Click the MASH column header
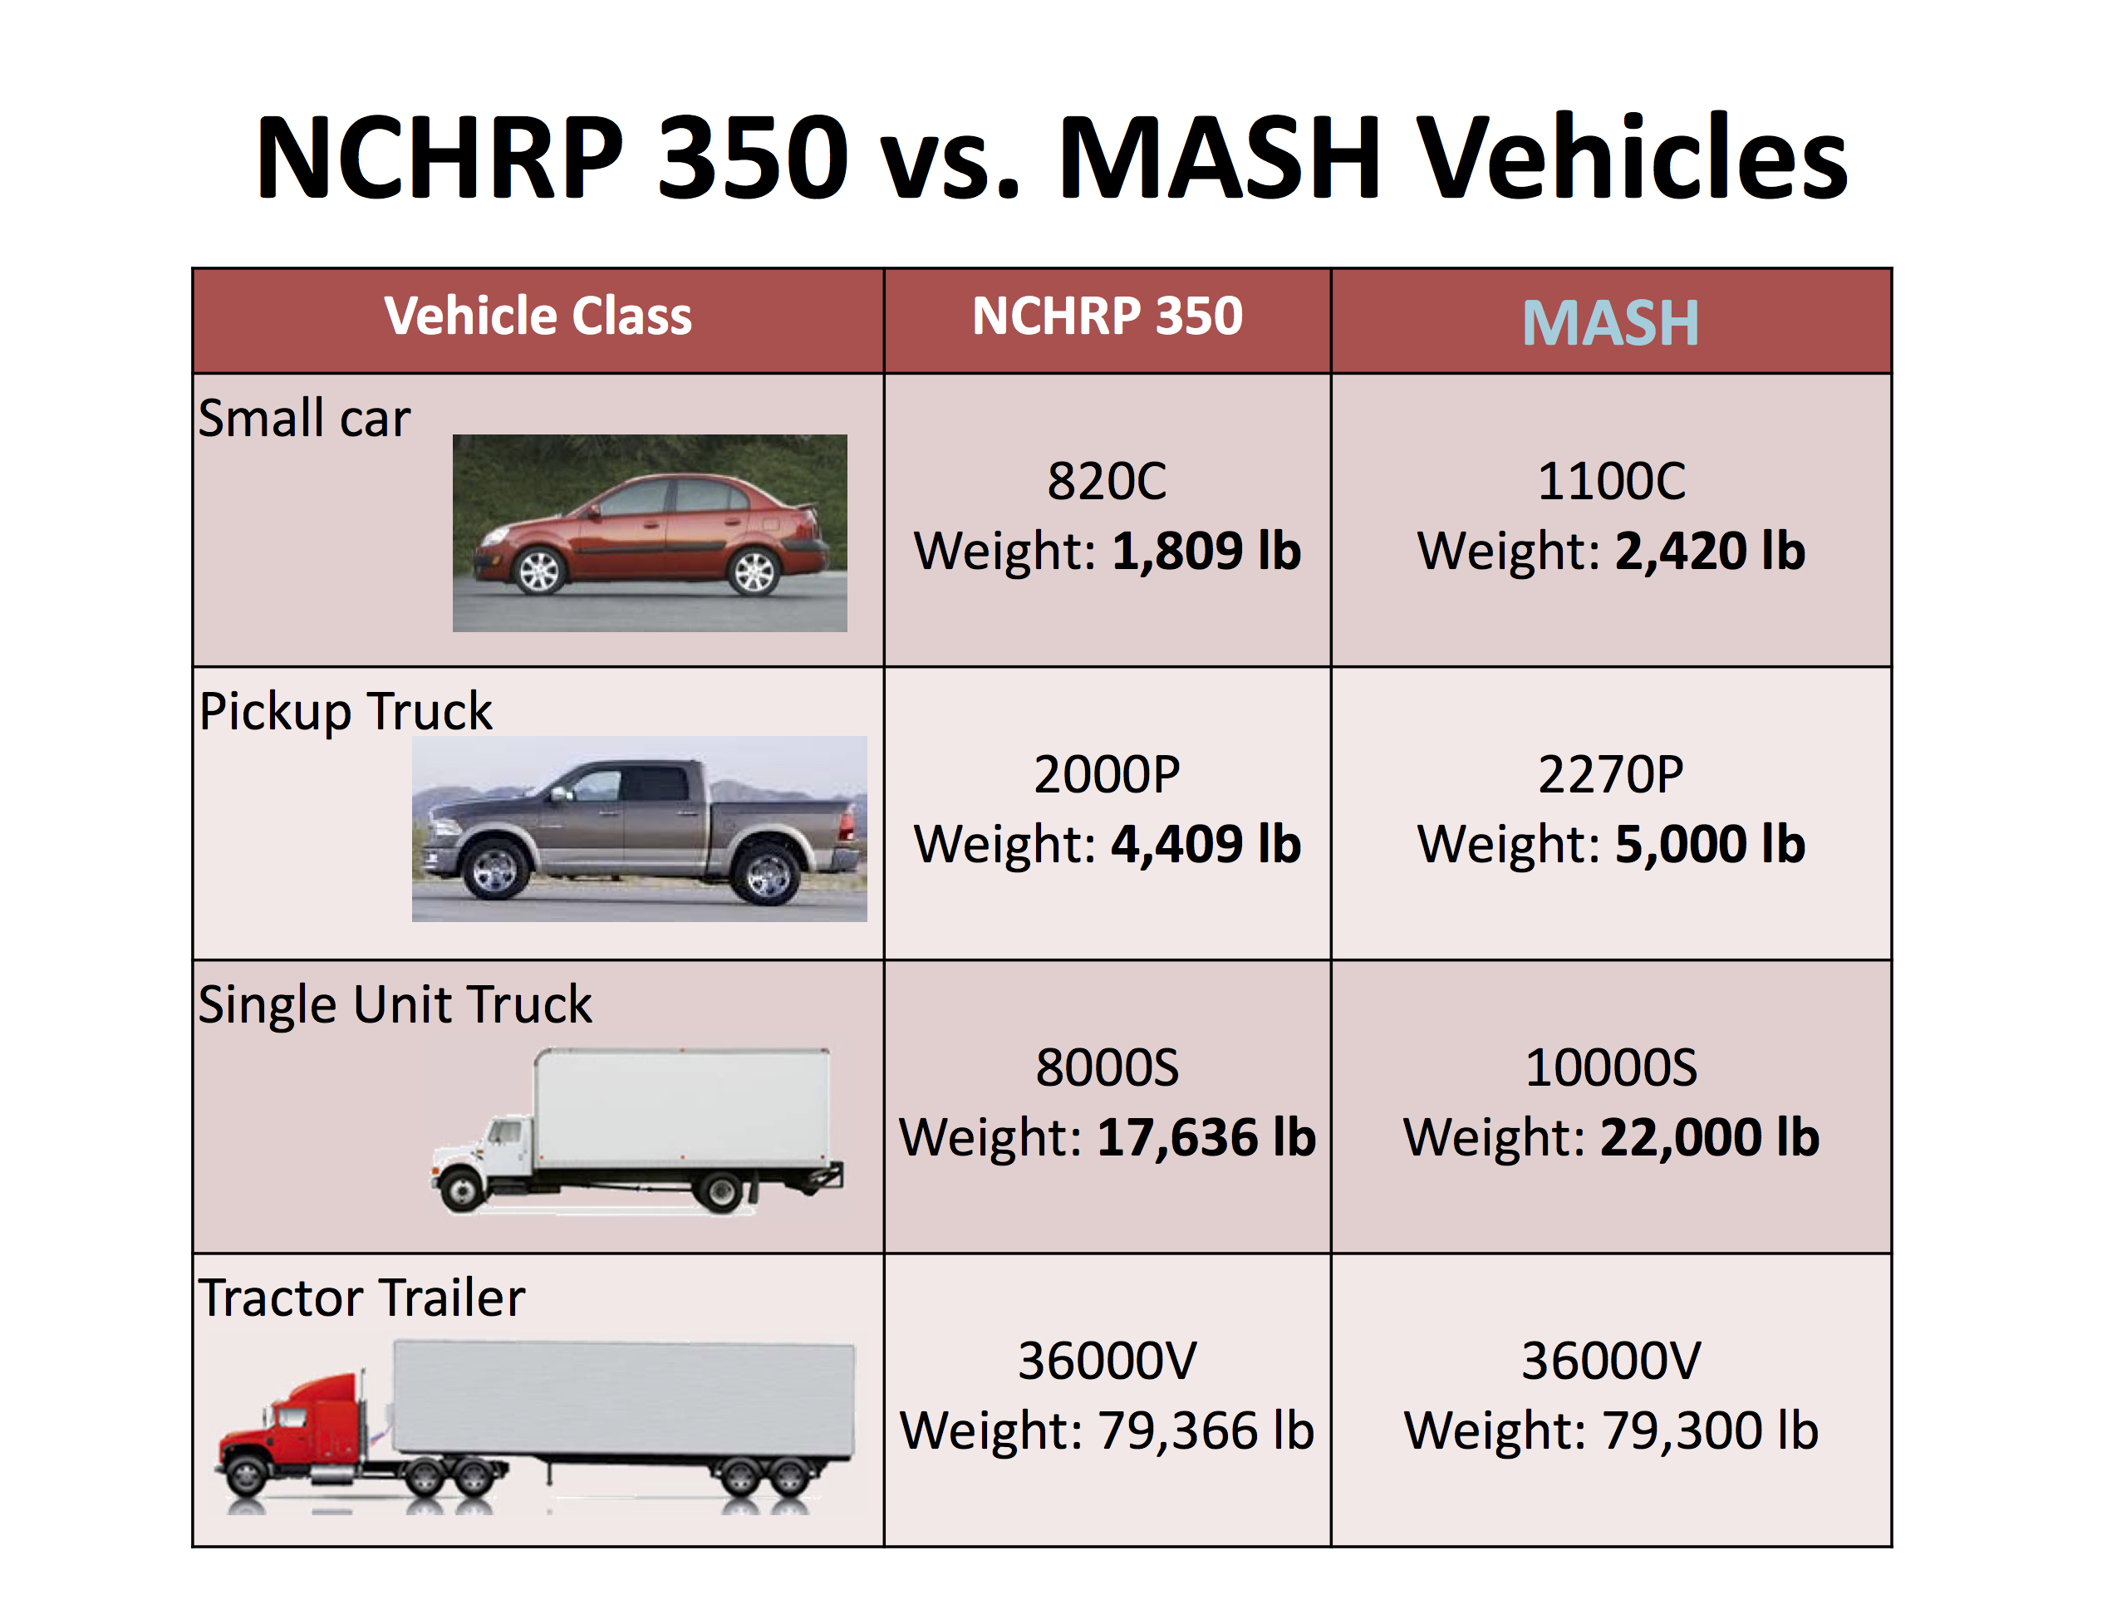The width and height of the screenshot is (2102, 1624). pyautogui.click(x=1609, y=323)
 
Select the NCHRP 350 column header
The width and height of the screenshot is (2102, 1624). pyautogui.click(x=1107, y=316)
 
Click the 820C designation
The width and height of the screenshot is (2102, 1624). pyautogui.click(x=1107, y=481)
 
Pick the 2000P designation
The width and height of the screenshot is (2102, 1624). pyautogui.click(x=1107, y=774)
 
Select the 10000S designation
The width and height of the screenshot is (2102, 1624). pyautogui.click(x=1611, y=1068)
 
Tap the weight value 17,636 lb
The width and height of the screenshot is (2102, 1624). pyautogui.click(x=1206, y=1138)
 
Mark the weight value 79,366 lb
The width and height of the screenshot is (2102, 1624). pyautogui.click(x=1206, y=1430)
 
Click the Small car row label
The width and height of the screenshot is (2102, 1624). pyautogui.click(x=304, y=419)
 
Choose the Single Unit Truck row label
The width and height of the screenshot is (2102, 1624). pyautogui.click(x=395, y=1005)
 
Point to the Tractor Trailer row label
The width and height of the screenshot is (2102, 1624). pyautogui.click(x=362, y=1299)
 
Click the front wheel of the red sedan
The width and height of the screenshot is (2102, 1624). pyautogui.click(x=539, y=572)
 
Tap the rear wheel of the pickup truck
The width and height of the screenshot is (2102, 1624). pyautogui.click(x=767, y=875)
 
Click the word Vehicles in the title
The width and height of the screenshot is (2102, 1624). pyautogui.click(x=1633, y=159)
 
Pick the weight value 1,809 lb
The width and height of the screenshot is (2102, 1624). pyautogui.click(x=1206, y=552)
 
